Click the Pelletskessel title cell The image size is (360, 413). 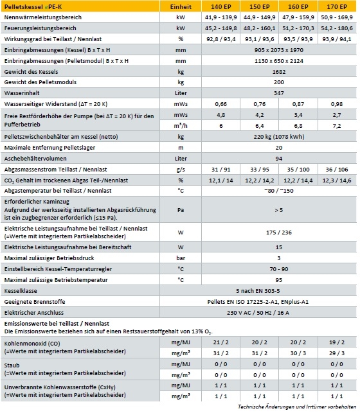(x=35, y=7)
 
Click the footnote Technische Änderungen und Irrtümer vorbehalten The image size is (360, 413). (x=296, y=407)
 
